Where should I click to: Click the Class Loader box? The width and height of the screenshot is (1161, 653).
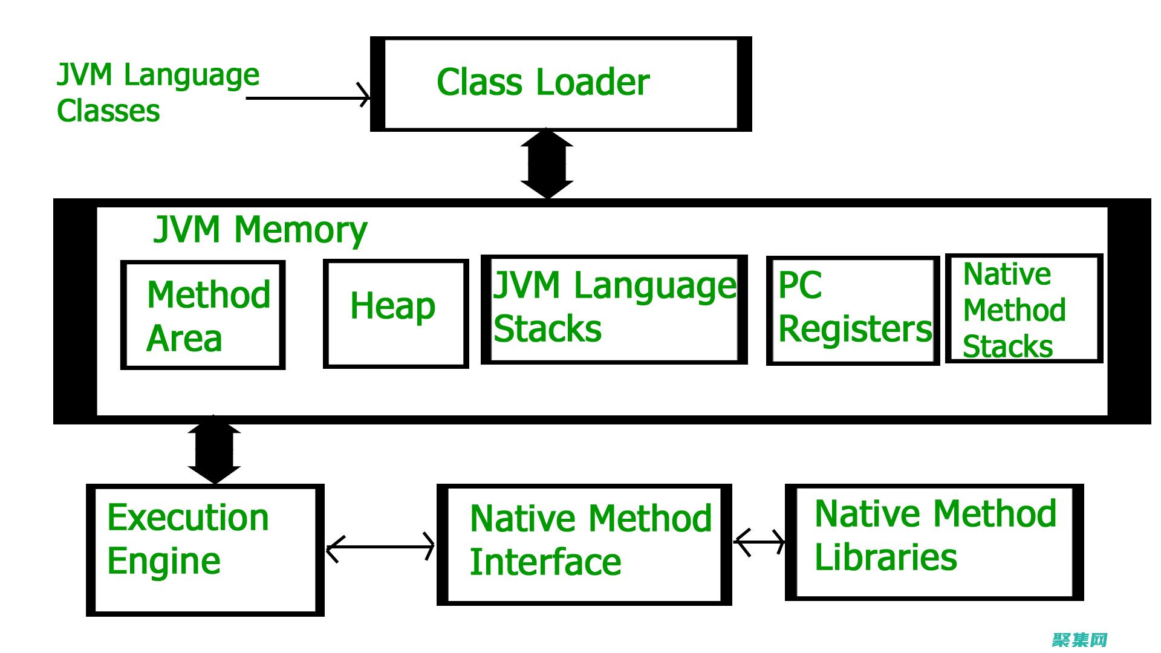561,83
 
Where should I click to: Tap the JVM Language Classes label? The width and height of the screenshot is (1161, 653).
157,93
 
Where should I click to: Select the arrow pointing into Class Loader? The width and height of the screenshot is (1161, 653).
308,97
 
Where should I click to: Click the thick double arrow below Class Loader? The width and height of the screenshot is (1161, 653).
547,163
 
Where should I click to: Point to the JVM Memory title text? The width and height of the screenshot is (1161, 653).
260,230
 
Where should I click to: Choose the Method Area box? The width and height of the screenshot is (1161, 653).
203,314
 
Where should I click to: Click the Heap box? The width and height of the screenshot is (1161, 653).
395,313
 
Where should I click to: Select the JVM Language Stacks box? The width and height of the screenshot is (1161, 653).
614,309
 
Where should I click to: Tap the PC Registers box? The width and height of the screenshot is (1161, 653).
853,311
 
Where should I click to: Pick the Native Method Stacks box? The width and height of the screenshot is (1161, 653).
1024,308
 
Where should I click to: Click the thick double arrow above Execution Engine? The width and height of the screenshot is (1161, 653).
214,450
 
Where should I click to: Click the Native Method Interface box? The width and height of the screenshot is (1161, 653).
584,544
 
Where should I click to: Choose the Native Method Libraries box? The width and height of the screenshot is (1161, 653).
934,542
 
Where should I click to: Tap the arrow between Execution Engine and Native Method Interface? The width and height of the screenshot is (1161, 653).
380,547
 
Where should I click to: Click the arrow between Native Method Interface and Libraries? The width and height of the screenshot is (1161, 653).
759,542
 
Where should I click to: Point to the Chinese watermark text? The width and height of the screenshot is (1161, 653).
1079,640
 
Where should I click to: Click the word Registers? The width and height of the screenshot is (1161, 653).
855,329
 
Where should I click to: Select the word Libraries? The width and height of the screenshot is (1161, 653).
886,557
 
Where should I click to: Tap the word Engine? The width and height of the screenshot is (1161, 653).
164,561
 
